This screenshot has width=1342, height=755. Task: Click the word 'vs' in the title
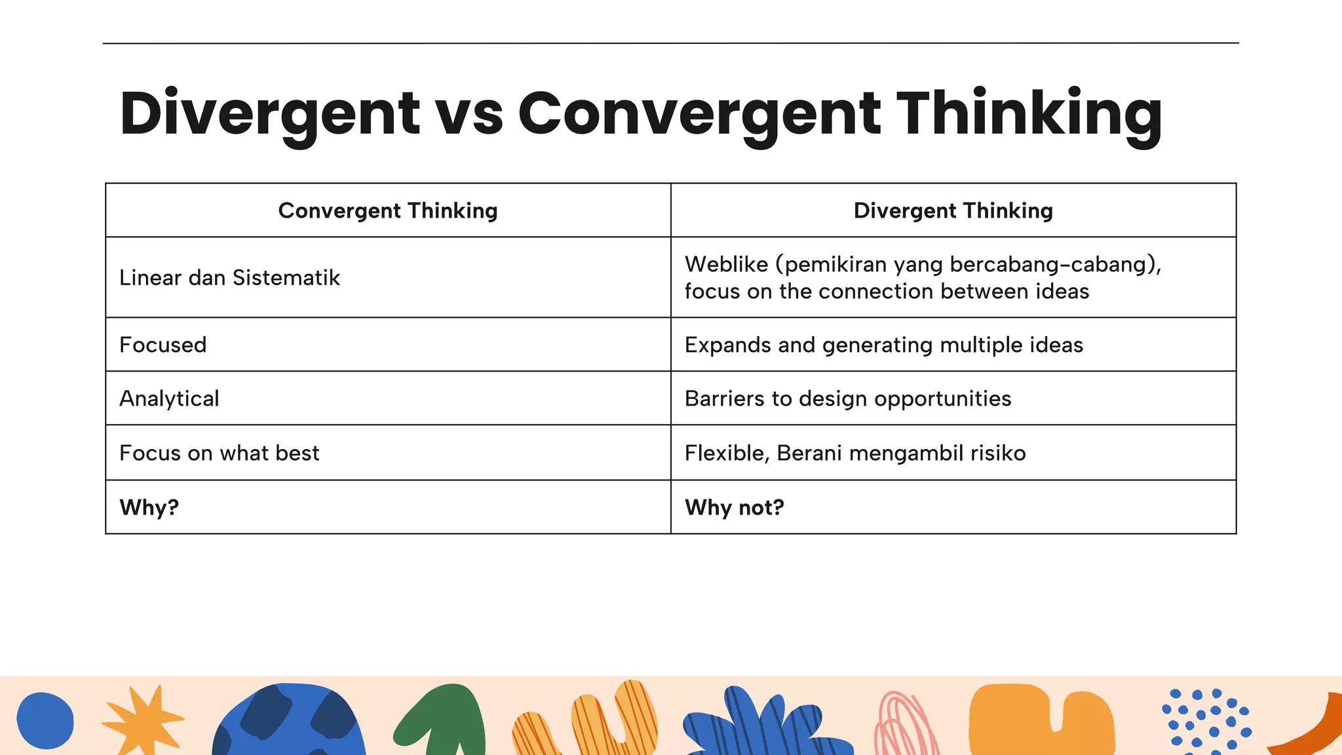coord(469,114)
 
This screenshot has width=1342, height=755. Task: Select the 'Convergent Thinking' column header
coord(388,210)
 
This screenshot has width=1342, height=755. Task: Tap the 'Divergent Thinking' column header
coord(953,210)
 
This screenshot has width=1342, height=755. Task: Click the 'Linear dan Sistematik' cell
coord(229,278)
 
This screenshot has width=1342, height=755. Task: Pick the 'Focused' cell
coord(163,345)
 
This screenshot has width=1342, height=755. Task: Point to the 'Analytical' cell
coord(169,398)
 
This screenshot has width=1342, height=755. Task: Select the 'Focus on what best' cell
coord(219,453)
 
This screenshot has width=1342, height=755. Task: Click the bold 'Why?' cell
coord(149,507)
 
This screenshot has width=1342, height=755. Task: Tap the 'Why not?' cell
coord(734,507)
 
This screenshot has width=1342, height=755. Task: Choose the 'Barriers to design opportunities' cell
coord(847,398)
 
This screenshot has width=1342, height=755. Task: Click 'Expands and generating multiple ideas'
coord(883,345)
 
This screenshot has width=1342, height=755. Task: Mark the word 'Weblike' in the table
coord(726,264)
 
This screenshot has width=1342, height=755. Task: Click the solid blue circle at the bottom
coord(45,720)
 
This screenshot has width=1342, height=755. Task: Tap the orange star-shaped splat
coord(142,720)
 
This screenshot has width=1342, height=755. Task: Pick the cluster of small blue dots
coord(1205,718)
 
